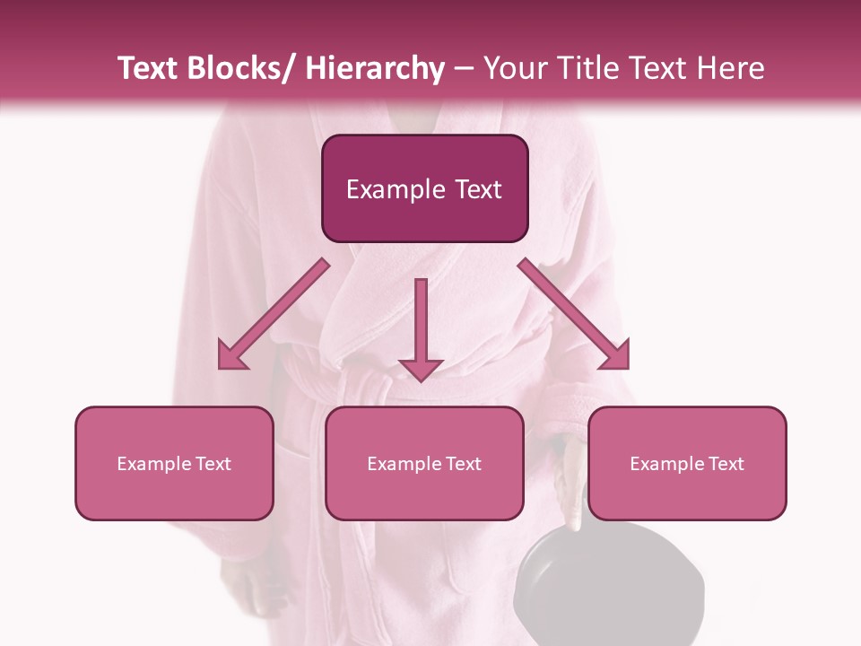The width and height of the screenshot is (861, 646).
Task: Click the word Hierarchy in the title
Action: [375, 69]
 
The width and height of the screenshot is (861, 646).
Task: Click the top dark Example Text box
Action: [424, 188]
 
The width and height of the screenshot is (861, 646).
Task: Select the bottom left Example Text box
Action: [174, 463]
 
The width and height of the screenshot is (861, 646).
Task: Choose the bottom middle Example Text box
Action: [424, 463]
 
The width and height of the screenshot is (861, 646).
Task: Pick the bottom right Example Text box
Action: [687, 463]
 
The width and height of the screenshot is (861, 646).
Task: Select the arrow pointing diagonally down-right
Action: [575, 315]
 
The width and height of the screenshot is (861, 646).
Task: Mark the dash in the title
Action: [464, 69]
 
